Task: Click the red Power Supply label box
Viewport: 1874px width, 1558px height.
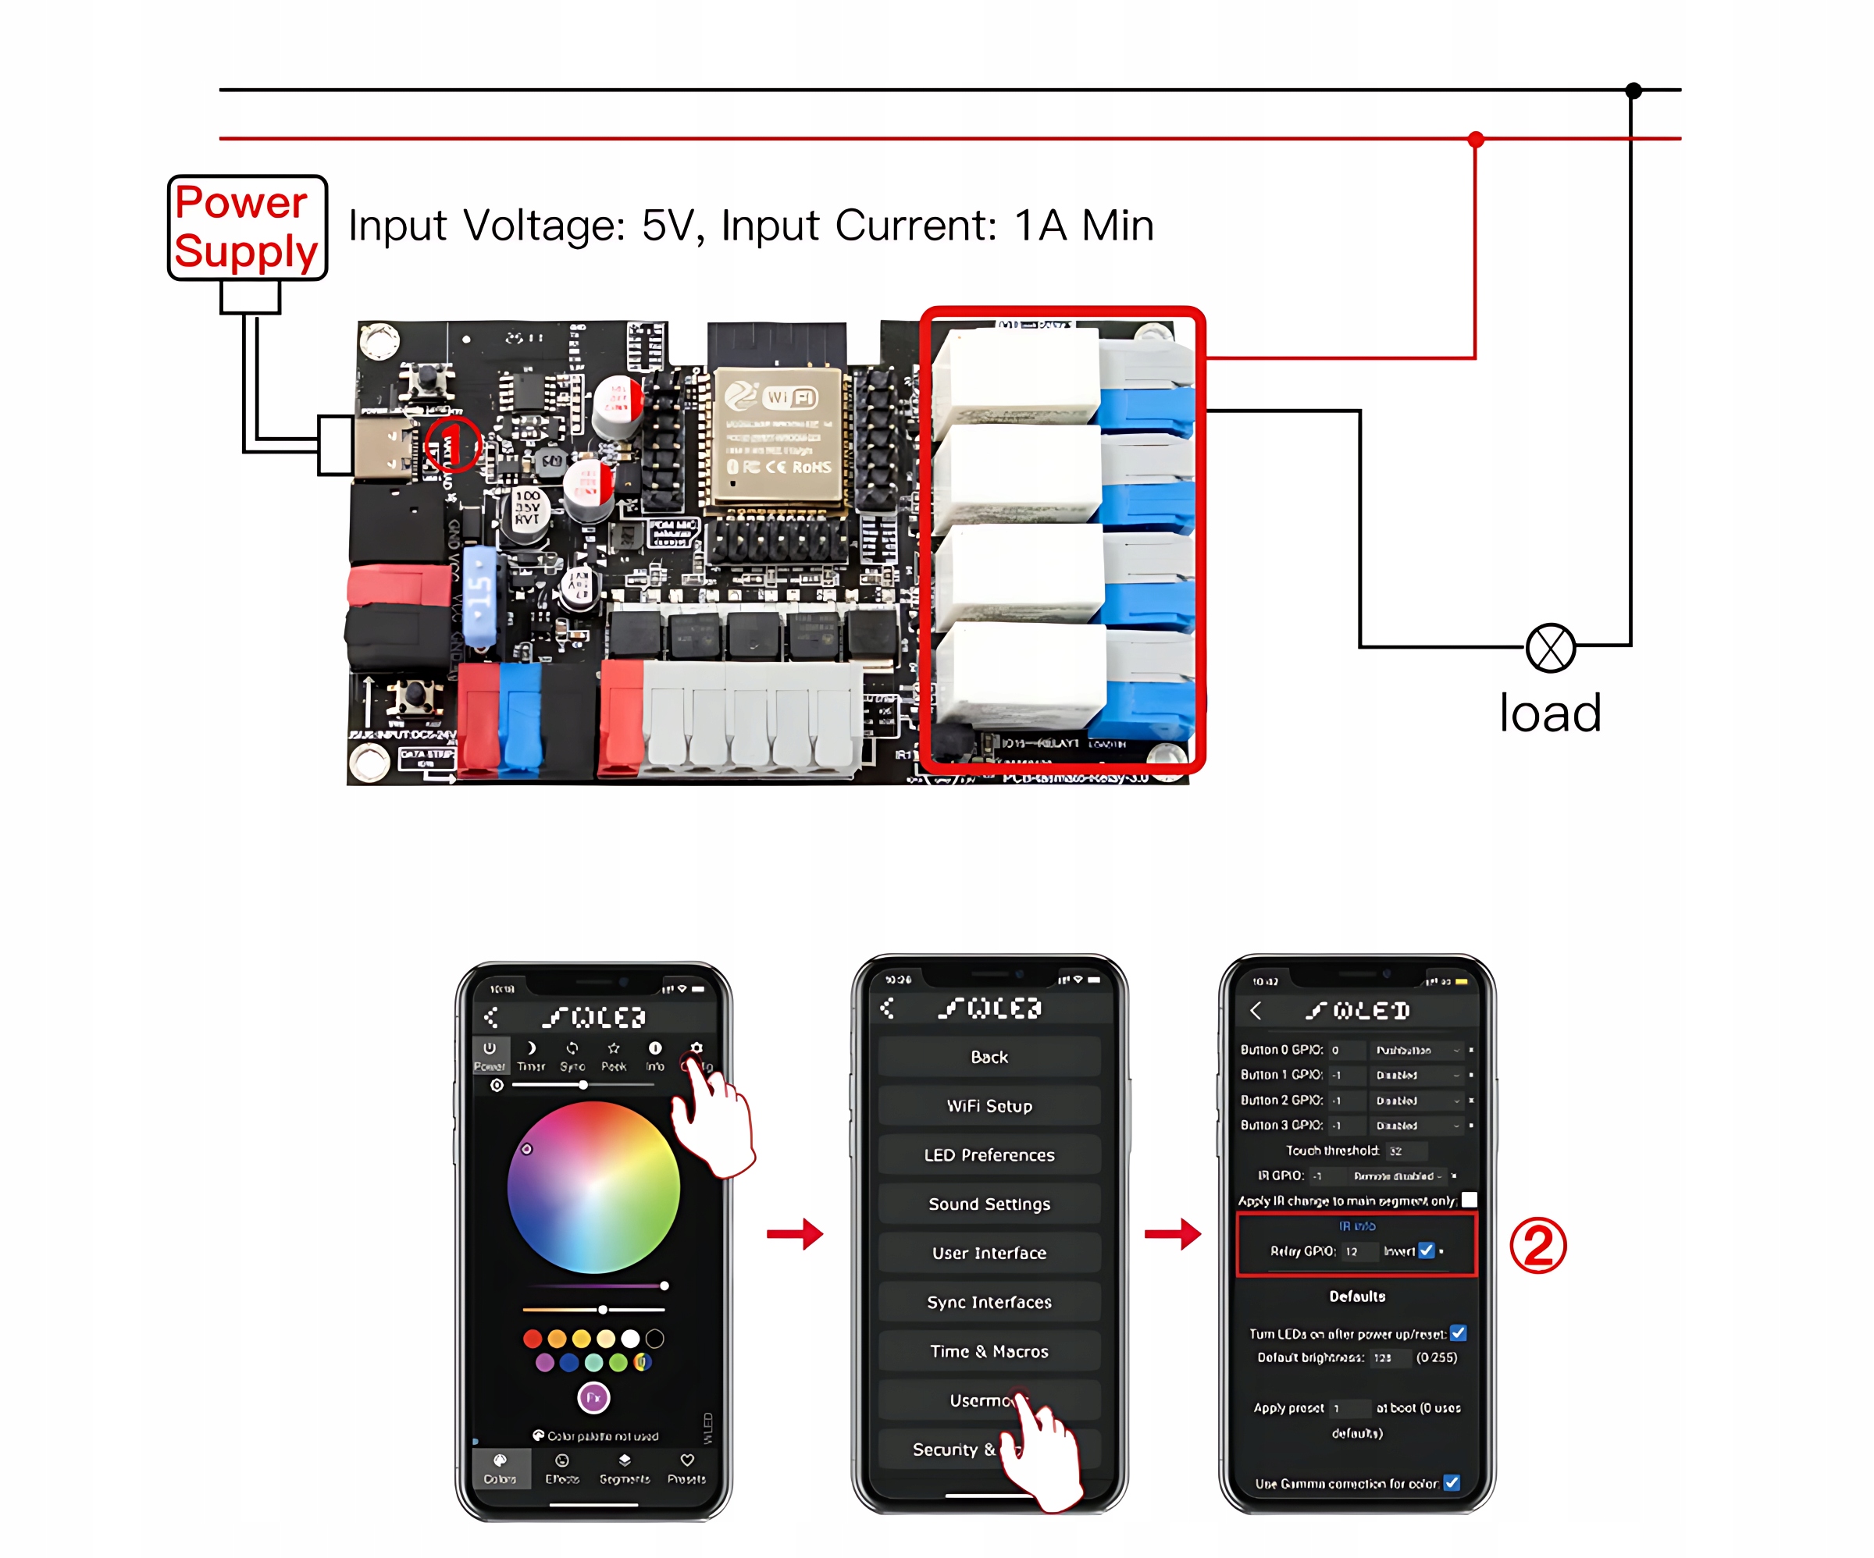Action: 248,228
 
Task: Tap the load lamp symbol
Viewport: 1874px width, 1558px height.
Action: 1550,648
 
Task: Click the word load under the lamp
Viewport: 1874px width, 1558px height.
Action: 1550,714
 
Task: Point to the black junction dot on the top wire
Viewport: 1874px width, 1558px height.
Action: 1633,90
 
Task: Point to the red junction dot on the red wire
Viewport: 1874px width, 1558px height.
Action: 1476,139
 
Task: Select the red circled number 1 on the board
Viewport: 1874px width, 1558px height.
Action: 451,443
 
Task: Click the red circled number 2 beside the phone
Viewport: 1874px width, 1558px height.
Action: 1537,1246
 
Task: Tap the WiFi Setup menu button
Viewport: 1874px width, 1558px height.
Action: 989,1105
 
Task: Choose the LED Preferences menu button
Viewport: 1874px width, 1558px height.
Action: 989,1154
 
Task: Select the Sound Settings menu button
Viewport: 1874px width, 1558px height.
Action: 989,1204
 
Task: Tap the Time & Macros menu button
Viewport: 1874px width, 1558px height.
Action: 989,1351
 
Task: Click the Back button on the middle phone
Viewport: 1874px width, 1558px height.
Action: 989,1057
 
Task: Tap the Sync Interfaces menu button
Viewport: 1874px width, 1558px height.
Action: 989,1302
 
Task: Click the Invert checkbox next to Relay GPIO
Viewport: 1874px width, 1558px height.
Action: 1426,1250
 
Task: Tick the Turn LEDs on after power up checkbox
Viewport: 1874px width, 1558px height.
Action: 1458,1333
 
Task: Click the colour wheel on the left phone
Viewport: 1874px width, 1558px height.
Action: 593,1186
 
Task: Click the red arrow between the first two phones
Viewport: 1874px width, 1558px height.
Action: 794,1234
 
